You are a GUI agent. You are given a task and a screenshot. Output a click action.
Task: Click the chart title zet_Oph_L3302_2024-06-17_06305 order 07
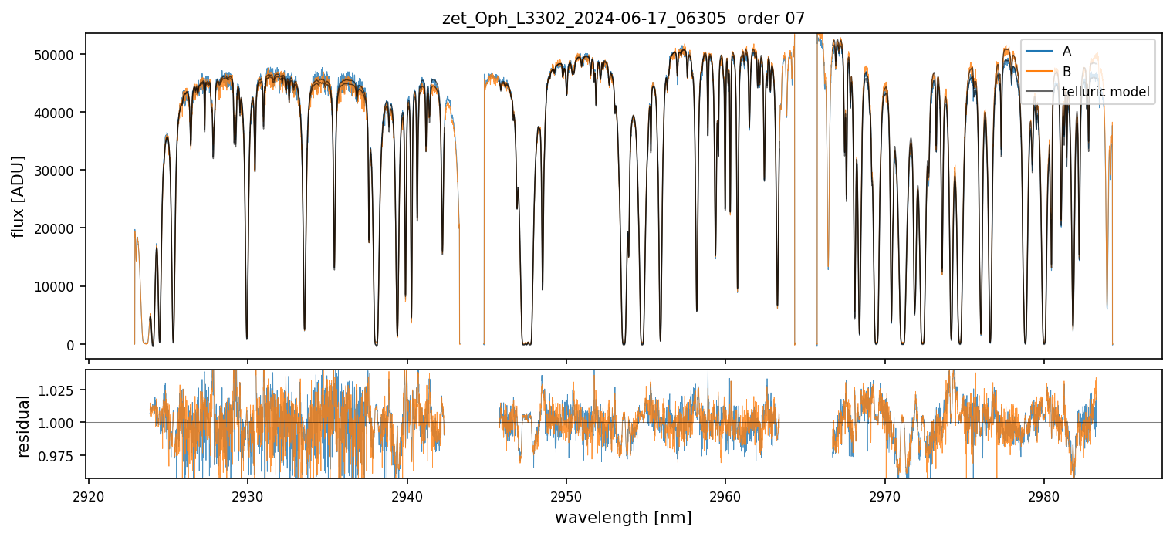[x=624, y=19]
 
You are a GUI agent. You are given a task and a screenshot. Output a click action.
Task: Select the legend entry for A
[x=1067, y=51]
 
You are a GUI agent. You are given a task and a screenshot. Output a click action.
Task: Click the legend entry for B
[x=1067, y=72]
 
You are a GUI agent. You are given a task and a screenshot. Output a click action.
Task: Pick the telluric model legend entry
[x=1105, y=92]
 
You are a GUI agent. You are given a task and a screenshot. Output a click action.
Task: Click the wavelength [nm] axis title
[x=624, y=517]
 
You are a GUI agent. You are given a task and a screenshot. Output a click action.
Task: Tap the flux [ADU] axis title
[x=18, y=196]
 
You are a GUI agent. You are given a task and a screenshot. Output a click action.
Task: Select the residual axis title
[x=23, y=425]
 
